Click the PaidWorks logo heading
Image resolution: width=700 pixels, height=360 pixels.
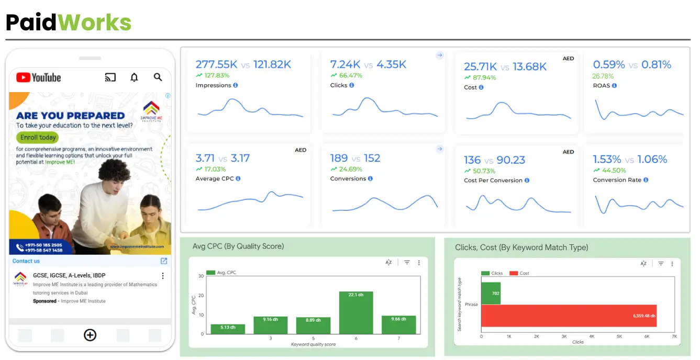click(x=69, y=22)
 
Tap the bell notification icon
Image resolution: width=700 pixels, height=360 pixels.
click(x=134, y=77)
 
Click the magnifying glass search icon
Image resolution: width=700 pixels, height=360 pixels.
click(x=158, y=77)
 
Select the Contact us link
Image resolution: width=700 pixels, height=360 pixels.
click(x=26, y=261)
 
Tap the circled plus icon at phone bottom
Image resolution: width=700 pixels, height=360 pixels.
click(x=90, y=335)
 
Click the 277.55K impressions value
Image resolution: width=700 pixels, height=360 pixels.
click(x=216, y=65)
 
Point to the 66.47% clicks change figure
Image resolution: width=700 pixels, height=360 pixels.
click(x=350, y=75)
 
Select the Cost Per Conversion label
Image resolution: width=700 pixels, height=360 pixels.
click(x=493, y=181)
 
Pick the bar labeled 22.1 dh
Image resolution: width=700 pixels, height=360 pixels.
click(x=356, y=312)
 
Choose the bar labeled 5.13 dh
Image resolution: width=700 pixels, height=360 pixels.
click(x=228, y=329)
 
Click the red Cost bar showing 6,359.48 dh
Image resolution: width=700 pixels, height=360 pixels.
click(x=569, y=316)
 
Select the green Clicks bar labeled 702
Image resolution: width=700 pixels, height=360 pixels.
click(x=491, y=294)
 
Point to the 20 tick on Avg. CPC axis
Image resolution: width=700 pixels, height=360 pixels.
click(x=201, y=296)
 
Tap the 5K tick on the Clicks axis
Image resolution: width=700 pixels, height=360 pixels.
click(x=619, y=336)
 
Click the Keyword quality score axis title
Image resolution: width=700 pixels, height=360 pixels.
click(x=314, y=344)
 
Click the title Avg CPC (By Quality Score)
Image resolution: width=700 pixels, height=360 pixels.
click(x=238, y=246)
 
